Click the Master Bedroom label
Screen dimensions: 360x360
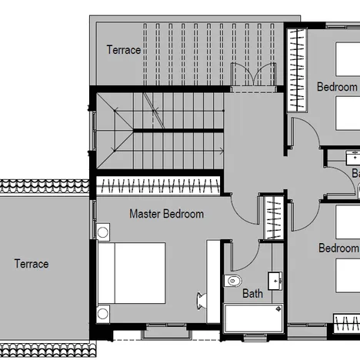[x=166, y=214]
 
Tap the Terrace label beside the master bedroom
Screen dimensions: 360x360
[x=32, y=264]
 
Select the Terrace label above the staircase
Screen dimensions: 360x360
[x=123, y=50]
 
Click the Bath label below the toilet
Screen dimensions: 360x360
[x=252, y=293]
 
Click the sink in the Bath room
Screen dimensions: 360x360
[x=275, y=279]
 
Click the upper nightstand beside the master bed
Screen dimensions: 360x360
[x=103, y=232]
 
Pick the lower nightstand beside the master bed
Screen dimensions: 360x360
[x=103, y=313]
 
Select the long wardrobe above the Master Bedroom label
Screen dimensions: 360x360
[x=158, y=185]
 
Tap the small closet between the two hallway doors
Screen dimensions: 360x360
[x=272, y=218]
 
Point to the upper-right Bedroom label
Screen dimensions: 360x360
[x=337, y=87]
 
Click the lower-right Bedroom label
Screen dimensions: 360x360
[x=338, y=248]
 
